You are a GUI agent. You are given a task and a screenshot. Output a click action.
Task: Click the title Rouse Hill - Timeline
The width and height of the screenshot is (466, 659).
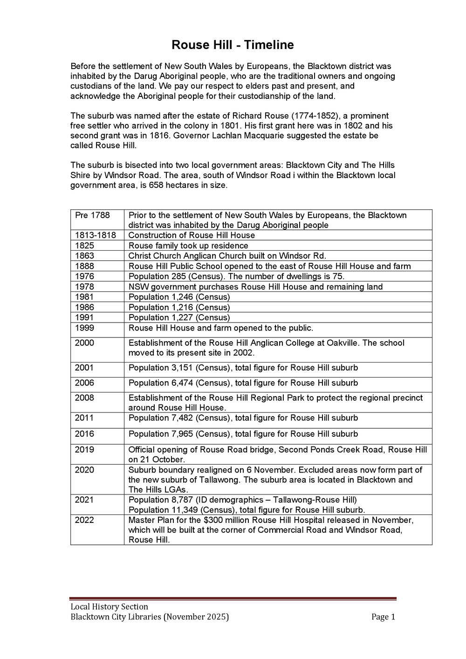coord(233,45)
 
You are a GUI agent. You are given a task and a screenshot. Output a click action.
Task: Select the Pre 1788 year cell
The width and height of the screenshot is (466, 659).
coord(92,215)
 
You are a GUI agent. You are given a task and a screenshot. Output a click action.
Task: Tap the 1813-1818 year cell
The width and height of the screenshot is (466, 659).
coord(96,235)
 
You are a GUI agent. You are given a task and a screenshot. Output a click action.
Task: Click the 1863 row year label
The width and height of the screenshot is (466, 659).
coord(84,256)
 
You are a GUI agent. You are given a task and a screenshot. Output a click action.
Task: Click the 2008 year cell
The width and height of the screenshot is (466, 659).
coord(84,398)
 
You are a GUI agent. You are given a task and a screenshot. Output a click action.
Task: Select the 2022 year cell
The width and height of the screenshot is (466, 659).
coord(84,520)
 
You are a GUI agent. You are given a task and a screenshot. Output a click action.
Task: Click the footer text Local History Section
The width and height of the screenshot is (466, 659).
coord(109,607)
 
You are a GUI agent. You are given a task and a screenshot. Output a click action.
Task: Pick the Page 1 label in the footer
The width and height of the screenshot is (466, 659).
coord(383,617)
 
